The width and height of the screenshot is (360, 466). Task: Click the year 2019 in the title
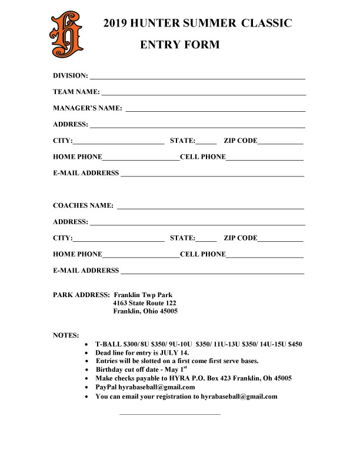115,24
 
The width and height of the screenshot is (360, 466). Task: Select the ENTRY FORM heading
180,45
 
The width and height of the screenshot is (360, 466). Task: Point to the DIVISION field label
71,76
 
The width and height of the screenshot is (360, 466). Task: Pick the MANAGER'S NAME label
88,108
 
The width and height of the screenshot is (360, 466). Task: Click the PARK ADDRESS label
81,295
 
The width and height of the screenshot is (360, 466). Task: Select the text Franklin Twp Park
143,295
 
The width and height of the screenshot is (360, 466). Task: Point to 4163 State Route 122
145,303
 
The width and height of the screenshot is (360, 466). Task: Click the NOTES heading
66,335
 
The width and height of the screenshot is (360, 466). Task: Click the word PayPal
106,387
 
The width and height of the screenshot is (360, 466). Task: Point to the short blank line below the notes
169,414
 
